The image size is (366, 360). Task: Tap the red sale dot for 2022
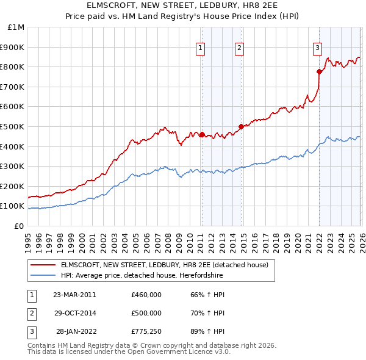[x=319, y=71]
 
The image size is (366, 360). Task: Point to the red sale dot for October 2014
[x=241, y=126]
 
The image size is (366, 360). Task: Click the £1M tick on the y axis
[x=16, y=27]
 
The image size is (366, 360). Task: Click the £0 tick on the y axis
[x=19, y=226]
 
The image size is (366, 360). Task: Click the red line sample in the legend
[x=43, y=265]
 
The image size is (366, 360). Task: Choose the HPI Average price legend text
[x=142, y=276]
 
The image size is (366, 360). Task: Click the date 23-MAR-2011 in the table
[x=74, y=295]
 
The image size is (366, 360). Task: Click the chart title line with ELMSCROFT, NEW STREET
[x=182, y=6]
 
